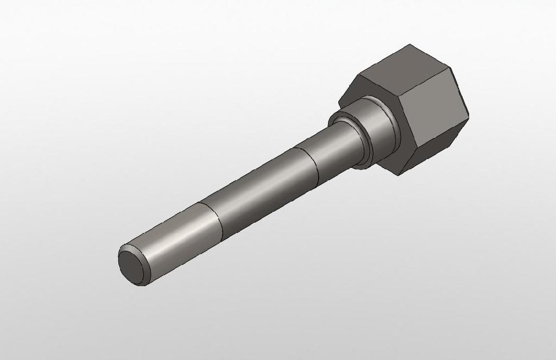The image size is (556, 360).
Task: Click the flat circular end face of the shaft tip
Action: pyautogui.click(x=130, y=264)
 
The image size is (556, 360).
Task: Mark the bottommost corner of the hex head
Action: pyautogui.click(x=400, y=175)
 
